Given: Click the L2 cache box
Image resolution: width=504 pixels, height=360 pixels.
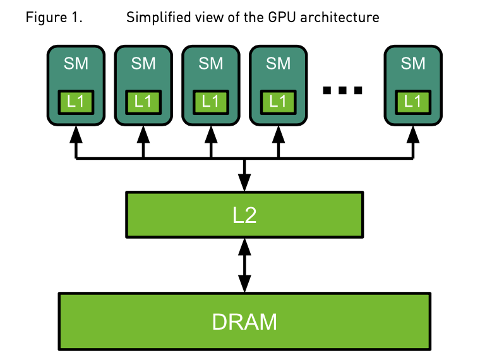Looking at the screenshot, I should click(x=244, y=215).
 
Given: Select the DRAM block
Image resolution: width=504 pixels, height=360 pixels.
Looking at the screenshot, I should click(x=244, y=321).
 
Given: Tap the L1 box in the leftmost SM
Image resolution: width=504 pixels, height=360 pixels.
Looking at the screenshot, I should click(x=76, y=101).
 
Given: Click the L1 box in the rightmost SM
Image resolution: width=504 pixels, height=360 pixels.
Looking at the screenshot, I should click(x=413, y=101).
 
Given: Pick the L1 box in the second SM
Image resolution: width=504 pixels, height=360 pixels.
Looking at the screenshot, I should click(x=143, y=101).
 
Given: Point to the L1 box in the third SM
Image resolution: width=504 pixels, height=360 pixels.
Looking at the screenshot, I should click(x=211, y=101).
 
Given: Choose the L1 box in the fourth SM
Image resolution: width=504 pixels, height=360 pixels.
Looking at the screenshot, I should click(x=278, y=101).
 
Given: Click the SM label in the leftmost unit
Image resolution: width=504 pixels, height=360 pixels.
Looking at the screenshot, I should click(x=76, y=64).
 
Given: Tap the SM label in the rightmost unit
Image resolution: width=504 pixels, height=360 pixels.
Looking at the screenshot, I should click(x=413, y=64).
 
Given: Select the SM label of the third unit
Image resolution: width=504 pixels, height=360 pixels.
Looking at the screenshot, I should click(x=211, y=64).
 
